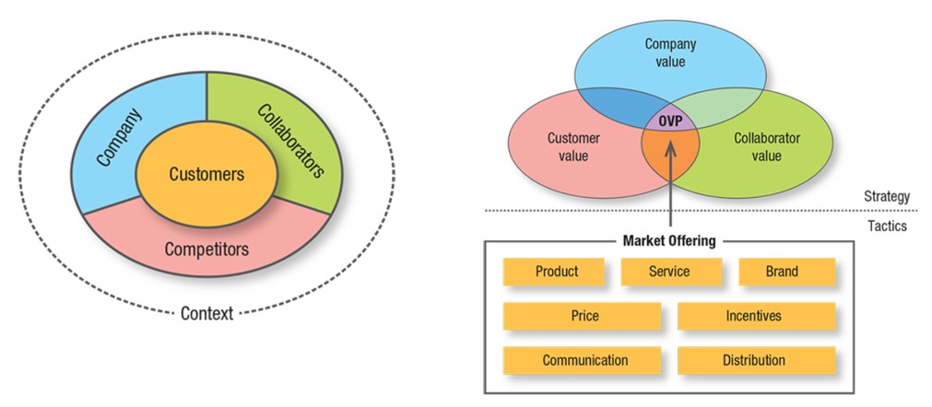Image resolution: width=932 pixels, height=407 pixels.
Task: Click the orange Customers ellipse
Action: point(206,174)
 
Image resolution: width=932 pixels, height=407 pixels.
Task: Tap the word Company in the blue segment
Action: point(120,137)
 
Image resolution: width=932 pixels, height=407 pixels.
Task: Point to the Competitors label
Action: point(206,250)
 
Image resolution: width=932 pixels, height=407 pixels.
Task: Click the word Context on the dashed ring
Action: point(206,313)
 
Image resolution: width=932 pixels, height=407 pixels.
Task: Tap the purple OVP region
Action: point(670,121)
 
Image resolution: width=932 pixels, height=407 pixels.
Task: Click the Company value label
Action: point(670,52)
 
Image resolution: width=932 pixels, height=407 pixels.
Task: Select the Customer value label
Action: point(573,147)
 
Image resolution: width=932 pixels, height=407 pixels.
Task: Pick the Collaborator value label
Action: point(767,147)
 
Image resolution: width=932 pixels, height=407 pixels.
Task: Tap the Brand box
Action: point(787,272)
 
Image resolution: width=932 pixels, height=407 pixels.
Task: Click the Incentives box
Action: point(757,316)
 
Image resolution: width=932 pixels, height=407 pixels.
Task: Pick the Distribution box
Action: point(757,360)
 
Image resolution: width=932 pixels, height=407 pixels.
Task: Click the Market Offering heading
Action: point(669,241)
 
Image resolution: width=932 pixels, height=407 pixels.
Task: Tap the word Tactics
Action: point(887,226)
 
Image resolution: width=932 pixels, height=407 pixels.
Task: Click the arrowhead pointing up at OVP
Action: point(670,145)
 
